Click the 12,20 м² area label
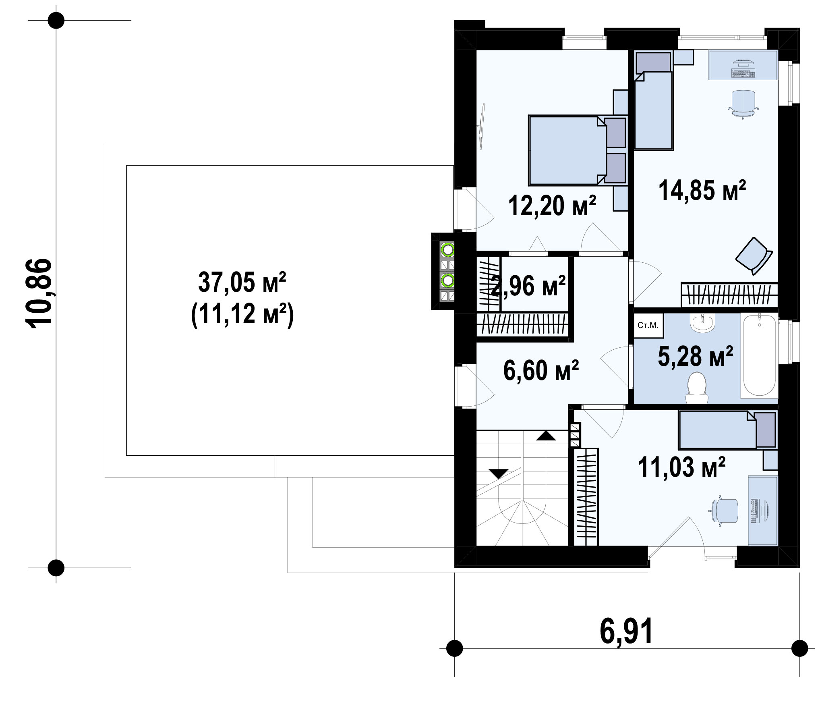pyautogui.click(x=552, y=206)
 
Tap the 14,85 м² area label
pyautogui.click(x=702, y=190)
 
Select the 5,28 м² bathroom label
pyautogui.click(x=695, y=356)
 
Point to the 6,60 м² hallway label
pyautogui.click(x=541, y=370)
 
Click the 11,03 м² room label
pyautogui.click(x=681, y=467)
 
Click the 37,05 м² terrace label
pyautogui.click(x=242, y=282)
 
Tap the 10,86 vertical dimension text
pyautogui.click(x=39, y=293)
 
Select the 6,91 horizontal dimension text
pyautogui.click(x=626, y=631)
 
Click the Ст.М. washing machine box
pyautogui.click(x=648, y=326)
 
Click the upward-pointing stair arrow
pyautogui.click(x=546, y=435)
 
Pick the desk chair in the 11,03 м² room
pyautogui.click(x=724, y=512)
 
